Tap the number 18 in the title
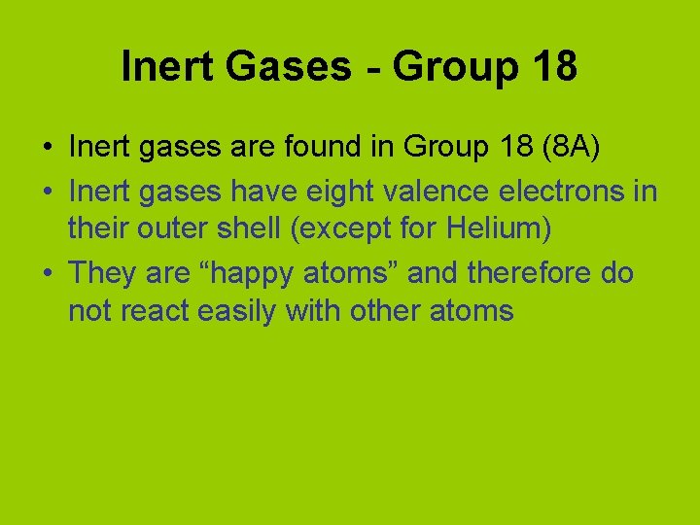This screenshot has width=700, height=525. (x=554, y=66)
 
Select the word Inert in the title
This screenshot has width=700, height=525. (x=165, y=66)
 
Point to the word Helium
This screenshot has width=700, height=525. (x=494, y=230)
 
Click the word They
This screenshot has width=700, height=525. (x=102, y=273)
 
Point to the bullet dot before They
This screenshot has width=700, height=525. (x=47, y=274)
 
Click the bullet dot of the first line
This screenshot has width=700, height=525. (x=47, y=149)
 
